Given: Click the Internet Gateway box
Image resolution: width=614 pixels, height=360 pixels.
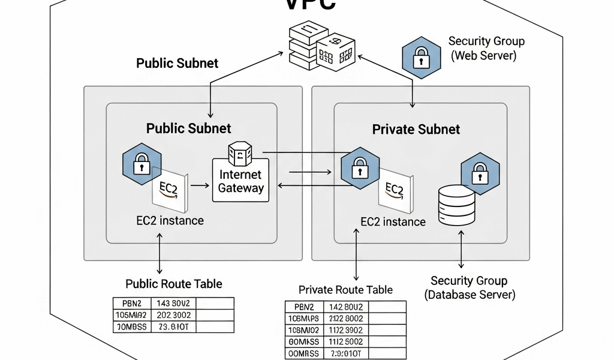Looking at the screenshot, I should pos(240,180).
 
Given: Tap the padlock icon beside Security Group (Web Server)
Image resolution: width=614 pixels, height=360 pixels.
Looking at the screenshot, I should pos(422,58).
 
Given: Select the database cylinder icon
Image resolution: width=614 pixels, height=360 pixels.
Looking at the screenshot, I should pos(456,205).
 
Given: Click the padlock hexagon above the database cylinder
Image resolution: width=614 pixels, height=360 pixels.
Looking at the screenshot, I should pos(480,173).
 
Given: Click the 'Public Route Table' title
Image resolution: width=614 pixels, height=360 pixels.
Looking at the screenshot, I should pos(173,284).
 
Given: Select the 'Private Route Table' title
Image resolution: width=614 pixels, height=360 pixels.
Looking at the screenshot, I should pos(345,290).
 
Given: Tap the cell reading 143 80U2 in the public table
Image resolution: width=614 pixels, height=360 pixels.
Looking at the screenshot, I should pos(173,304).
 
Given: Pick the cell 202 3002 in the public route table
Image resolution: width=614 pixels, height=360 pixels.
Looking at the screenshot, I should pos(173,315).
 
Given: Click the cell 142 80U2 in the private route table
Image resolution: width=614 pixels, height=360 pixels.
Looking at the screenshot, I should pos(346,307).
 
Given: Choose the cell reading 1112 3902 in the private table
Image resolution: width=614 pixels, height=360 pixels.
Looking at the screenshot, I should pos(346,330).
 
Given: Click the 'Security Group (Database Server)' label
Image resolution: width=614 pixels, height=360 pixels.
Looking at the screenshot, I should pos(469,287).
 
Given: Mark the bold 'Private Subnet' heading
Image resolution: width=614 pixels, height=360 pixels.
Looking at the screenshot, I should pos(416,129).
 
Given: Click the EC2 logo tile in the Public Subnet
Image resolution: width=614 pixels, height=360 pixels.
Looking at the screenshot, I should pos(170,190).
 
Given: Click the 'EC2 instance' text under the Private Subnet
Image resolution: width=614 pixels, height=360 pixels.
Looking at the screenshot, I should pos(393,221).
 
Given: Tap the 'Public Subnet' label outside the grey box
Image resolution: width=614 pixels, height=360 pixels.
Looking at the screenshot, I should pos(177,63).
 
